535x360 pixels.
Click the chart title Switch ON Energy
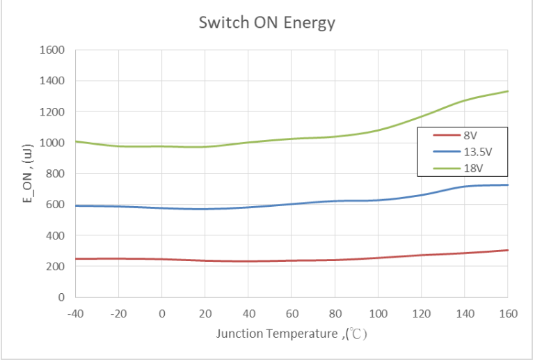pos(266,23)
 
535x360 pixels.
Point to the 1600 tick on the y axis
pos(53,50)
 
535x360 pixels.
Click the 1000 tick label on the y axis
pos(53,143)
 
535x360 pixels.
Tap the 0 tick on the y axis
pos(61,297)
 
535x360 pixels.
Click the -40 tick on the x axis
pos(75,313)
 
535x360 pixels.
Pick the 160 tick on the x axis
pos(508,313)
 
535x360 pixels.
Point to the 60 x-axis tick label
pos(292,313)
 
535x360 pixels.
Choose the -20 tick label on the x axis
pos(118,313)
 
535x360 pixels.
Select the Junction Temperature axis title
pos(292,334)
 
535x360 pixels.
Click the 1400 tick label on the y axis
pos(53,81)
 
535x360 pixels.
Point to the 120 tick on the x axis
pos(421,313)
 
